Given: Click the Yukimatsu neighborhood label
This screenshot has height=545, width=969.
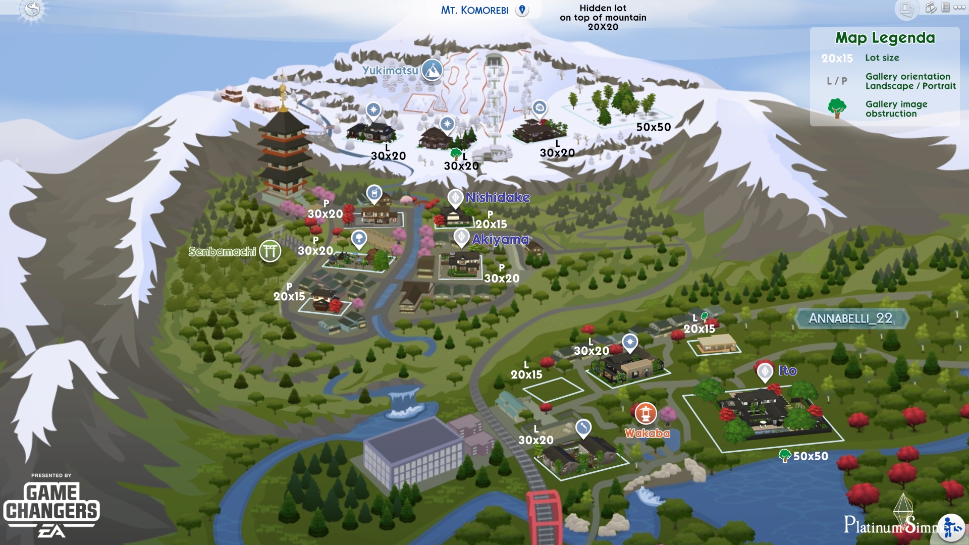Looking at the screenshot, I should (390, 71).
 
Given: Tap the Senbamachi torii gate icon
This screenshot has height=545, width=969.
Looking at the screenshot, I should (270, 251).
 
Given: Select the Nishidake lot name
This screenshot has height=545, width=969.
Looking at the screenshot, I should (498, 197).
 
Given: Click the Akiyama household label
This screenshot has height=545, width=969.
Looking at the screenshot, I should (500, 239).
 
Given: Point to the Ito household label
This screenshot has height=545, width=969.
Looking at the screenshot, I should (787, 371).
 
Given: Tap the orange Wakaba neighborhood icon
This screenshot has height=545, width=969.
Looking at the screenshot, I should (645, 413).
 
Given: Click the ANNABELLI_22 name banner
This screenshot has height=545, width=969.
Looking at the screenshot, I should (851, 318).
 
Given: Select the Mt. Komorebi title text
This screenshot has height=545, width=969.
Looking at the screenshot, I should (474, 10).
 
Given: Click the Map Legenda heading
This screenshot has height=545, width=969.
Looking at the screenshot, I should (885, 38).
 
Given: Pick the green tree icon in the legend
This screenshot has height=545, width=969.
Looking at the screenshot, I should (837, 108).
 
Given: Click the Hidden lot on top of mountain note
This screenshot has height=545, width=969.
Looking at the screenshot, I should (603, 17).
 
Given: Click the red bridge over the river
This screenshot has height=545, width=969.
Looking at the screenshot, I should (544, 515).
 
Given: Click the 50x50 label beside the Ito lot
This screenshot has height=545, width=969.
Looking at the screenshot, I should (811, 456).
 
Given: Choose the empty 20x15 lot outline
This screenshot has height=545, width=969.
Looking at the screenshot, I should (553, 390).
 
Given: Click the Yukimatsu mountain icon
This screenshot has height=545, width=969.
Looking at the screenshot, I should (432, 70).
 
